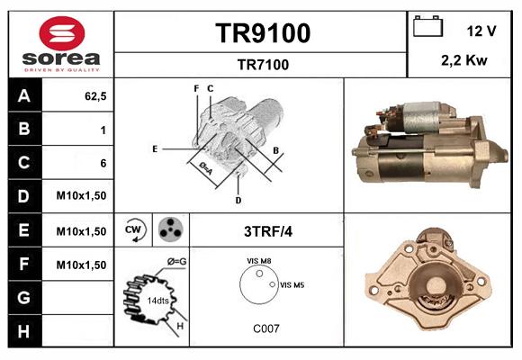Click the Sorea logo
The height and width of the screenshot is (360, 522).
[x=59, y=44]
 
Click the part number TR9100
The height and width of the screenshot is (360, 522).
[x=263, y=33]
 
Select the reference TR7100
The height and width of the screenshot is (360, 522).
[x=263, y=64]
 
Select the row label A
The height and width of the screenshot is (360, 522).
[x=23, y=96]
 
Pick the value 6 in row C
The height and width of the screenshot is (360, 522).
[x=103, y=163]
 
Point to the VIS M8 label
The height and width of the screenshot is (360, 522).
[x=259, y=261]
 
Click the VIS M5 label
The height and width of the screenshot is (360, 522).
[x=292, y=284]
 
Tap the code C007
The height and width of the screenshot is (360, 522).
[x=265, y=328]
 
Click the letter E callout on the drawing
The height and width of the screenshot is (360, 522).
[x=155, y=148]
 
